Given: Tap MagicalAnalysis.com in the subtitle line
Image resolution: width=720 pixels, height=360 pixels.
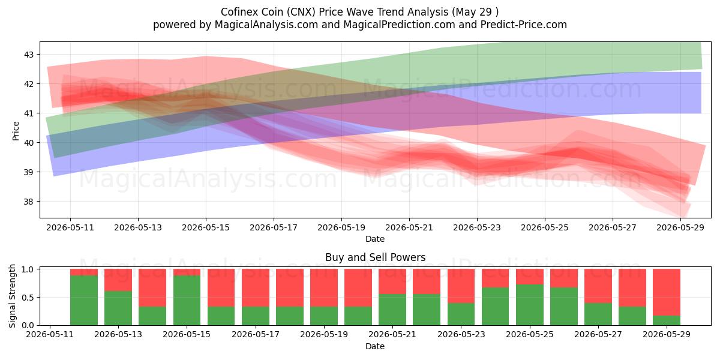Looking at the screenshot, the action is point(266,25).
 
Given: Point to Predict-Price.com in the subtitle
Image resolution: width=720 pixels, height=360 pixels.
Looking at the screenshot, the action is point(524,25).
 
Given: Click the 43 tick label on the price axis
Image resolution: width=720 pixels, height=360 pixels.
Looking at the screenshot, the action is point(29,55).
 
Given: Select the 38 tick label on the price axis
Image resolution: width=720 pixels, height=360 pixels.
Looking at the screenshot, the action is point(29,202).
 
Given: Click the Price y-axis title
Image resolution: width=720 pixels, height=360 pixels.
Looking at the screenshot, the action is point(16,131).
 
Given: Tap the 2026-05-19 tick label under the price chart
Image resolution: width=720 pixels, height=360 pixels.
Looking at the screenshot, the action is point(341,227).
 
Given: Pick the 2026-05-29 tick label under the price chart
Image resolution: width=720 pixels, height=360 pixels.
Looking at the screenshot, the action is point(680,227).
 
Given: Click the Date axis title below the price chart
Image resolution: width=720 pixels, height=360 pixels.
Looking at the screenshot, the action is point(375,239).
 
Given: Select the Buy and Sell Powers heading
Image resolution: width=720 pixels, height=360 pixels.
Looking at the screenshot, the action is point(375,257).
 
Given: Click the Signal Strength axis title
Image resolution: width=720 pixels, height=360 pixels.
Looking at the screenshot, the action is point(12,296).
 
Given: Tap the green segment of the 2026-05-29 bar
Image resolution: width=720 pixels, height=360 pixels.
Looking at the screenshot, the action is point(667,320).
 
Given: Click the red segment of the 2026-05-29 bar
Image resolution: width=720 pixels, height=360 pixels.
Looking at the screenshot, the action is point(667,293).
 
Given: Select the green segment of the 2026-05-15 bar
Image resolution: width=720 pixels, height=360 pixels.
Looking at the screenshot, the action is point(187,301).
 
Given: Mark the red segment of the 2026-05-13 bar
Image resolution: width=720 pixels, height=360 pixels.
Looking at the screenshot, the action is point(118,280).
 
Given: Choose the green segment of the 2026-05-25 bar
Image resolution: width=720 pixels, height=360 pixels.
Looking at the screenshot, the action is point(530,305).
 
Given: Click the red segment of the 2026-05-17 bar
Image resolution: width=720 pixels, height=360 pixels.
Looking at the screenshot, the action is point(256,288).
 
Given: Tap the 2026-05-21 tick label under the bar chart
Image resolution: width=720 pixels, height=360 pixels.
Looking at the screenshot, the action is point(392,334).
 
